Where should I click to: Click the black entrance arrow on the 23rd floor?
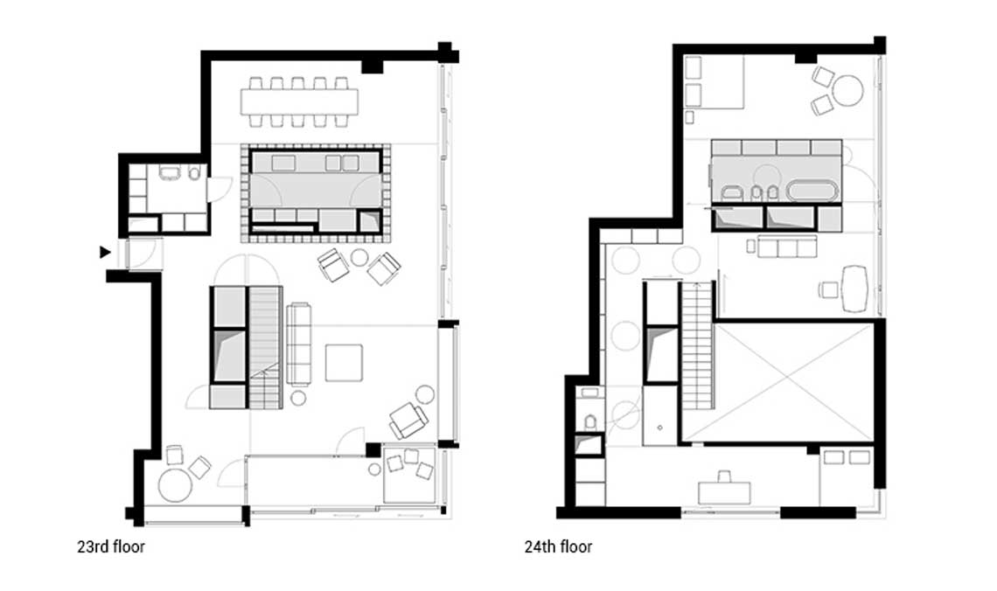(105, 252)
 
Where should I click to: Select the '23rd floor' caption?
(110, 548)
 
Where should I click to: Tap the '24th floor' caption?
(558, 548)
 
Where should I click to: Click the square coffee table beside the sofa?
(344, 362)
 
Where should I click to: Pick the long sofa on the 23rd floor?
(299, 344)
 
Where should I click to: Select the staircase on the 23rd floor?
(264, 347)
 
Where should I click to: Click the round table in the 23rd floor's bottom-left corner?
(174, 485)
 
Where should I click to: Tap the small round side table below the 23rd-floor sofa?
(298, 399)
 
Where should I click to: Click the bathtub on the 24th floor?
(812, 191)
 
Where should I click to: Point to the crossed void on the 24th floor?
(792, 381)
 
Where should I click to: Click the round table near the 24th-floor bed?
(847, 90)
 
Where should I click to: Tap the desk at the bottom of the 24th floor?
(725, 493)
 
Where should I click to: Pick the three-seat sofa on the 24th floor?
(784, 247)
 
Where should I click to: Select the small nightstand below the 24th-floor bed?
(689, 116)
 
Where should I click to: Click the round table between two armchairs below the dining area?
(359, 257)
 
